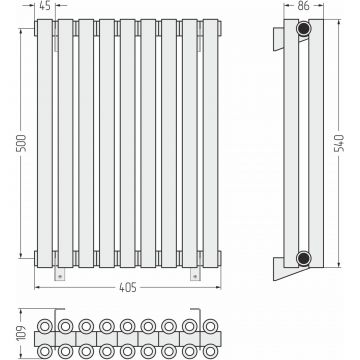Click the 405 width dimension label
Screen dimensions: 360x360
[128, 287]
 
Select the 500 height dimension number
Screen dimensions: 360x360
[21, 143]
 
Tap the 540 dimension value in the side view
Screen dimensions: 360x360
[339, 143]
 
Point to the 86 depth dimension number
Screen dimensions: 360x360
[304, 5]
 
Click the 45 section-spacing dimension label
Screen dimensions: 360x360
[45, 5]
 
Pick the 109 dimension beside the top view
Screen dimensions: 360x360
[22, 334]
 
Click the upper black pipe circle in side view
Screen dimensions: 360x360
[304, 28]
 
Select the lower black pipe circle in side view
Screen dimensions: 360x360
[304, 258]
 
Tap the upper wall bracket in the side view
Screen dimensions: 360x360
[278, 39]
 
